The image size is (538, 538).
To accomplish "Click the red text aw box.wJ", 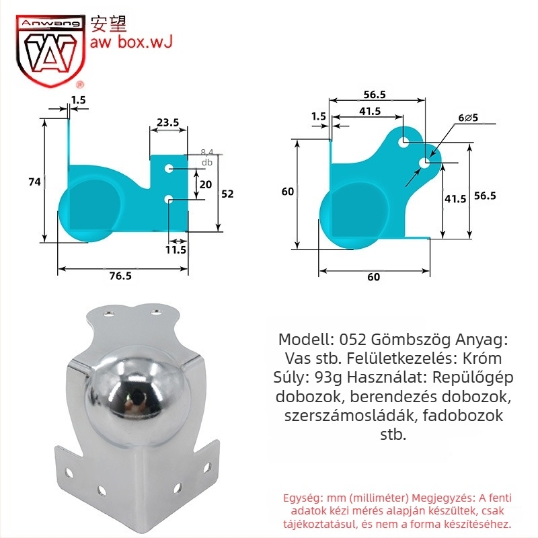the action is [130, 42].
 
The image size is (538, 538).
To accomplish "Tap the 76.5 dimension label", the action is [120, 276].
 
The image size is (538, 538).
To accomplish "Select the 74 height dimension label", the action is [35, 182].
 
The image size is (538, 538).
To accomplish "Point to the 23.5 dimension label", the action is [167, 122].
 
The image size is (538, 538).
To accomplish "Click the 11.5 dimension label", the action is [176, 249].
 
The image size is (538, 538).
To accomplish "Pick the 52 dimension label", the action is [227, 194].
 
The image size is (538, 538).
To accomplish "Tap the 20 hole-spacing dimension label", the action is [206, 184].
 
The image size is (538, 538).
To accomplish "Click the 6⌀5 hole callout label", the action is [468, 118].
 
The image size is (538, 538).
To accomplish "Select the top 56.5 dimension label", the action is [375, 95].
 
